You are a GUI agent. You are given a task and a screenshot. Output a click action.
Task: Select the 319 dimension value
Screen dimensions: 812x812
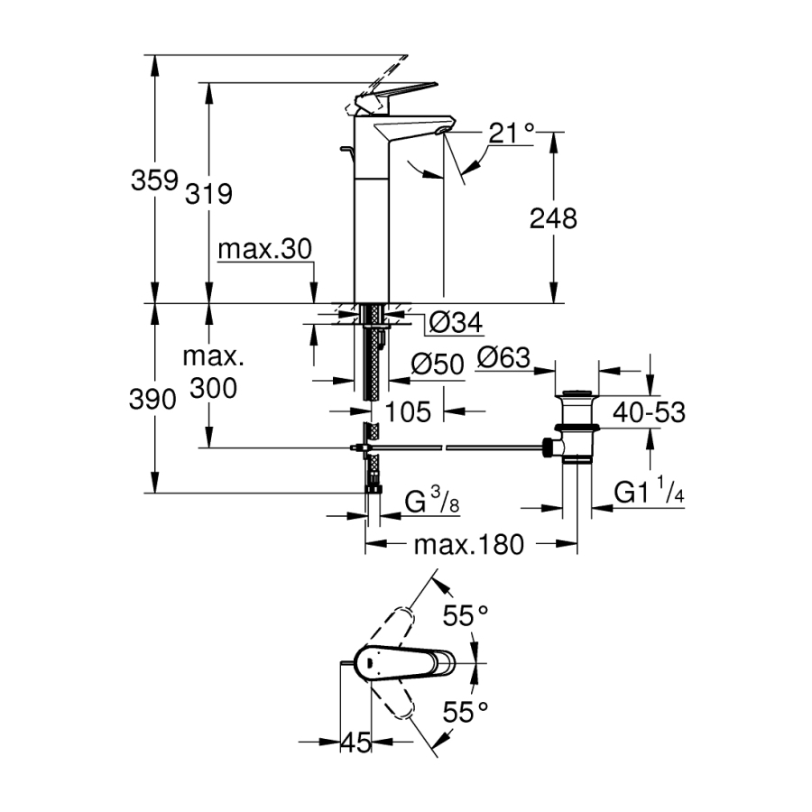[x=209, y=192]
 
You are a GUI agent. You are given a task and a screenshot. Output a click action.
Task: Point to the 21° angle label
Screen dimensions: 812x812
[x=511, y=134]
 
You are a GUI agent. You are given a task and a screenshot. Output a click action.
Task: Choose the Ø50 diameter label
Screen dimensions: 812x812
[x=437, y=364]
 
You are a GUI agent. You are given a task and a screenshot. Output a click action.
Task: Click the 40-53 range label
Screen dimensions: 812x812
[x=649, y=412]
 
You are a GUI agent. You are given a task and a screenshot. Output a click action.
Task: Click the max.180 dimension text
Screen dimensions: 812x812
[x=468, y=545]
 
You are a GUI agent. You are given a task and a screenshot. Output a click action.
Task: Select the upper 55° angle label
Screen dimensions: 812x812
[x=465, y=616]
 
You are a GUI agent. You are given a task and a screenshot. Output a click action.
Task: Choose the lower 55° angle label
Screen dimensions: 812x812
[x=465, y=713]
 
